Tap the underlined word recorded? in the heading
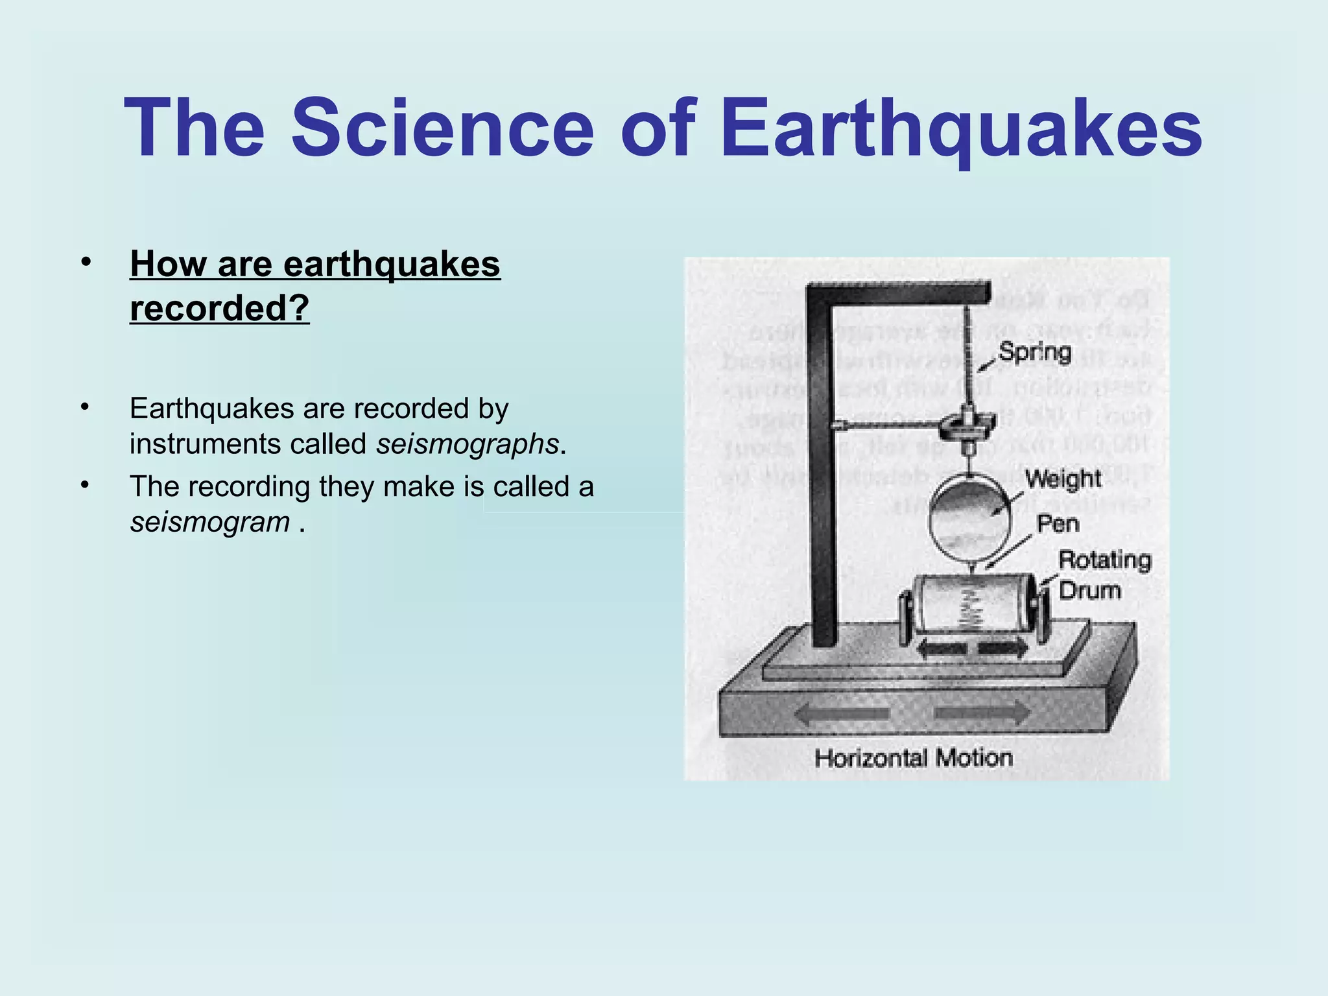(219, 308)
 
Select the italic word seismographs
(468, 444)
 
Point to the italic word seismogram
(209, 522)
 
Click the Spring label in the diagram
(1034, 352)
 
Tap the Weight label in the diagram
(1063, 479)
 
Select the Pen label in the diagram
(1058, 523)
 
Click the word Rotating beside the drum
(1104, 560)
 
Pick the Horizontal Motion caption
(913, 757)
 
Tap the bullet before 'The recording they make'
(84, 485)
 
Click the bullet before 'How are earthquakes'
(86, 263)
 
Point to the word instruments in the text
(205, 444)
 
